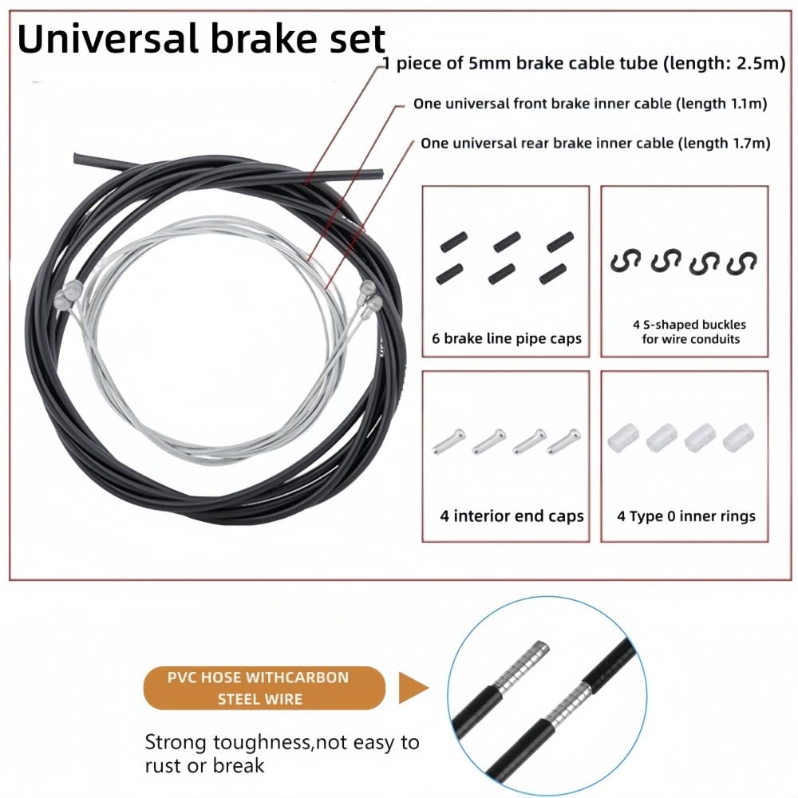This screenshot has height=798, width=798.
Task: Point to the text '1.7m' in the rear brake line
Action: (751, 143)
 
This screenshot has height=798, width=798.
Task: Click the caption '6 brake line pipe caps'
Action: (507, 338)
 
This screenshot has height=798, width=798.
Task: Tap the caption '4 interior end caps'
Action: (512, 516)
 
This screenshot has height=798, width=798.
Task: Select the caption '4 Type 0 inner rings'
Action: (686, 516)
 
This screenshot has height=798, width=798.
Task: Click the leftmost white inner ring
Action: (623, 437)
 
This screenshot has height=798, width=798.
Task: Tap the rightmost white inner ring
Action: (738, 437)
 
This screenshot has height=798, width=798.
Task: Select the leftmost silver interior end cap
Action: (448, 441)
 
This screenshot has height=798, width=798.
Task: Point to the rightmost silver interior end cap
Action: (563, 441)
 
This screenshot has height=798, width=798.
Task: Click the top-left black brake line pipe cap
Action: (453, 241)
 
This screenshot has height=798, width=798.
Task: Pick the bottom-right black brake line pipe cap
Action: (553, 274)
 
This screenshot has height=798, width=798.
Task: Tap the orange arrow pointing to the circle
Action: (413, 688)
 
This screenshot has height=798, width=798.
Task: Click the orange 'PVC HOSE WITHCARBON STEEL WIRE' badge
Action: (264, 688)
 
